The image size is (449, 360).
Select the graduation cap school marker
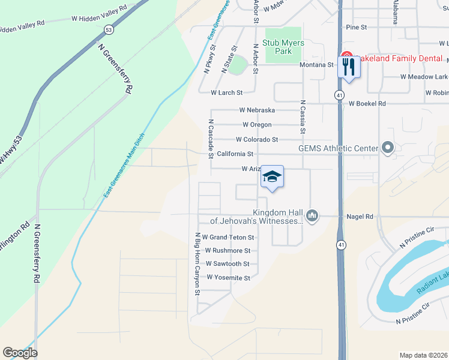(272, 176)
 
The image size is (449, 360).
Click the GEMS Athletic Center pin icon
(387, 148)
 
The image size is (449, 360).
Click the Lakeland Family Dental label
(400, 59)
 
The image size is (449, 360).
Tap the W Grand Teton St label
(228, 238)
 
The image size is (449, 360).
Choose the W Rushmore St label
(228, 251)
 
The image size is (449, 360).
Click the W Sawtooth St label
(228, 264)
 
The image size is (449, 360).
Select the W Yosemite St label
(228, 278)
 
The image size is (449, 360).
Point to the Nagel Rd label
(360, 217)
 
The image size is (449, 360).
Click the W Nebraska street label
(257, 110)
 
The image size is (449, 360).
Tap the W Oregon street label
(257, 125)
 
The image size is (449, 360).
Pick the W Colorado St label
(257, 139)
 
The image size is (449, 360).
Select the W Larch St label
(226, 93)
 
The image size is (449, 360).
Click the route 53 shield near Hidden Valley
(108, 29)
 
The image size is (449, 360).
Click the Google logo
(20, 353)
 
